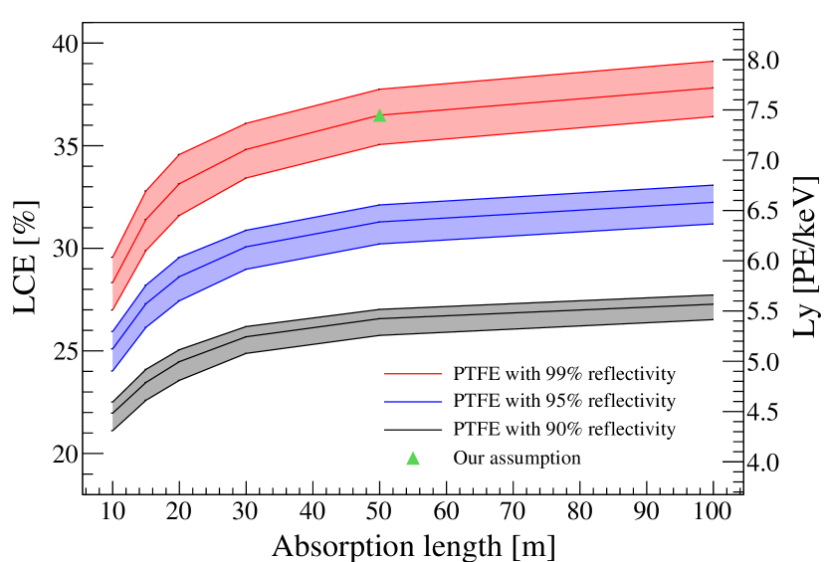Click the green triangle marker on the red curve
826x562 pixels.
379,116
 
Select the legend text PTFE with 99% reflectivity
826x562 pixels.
564,375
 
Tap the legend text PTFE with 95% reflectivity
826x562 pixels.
564,402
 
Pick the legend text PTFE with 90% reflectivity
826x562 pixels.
564,430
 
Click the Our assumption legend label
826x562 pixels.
516,459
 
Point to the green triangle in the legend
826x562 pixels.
413,459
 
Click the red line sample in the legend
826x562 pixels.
412,375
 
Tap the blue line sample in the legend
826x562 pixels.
412,402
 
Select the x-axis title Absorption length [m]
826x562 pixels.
413,546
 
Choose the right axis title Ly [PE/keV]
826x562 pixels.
804,258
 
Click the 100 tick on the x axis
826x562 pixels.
714,514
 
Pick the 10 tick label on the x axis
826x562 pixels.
112,514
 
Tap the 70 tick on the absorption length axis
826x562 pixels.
514,514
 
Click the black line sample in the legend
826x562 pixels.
412,430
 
